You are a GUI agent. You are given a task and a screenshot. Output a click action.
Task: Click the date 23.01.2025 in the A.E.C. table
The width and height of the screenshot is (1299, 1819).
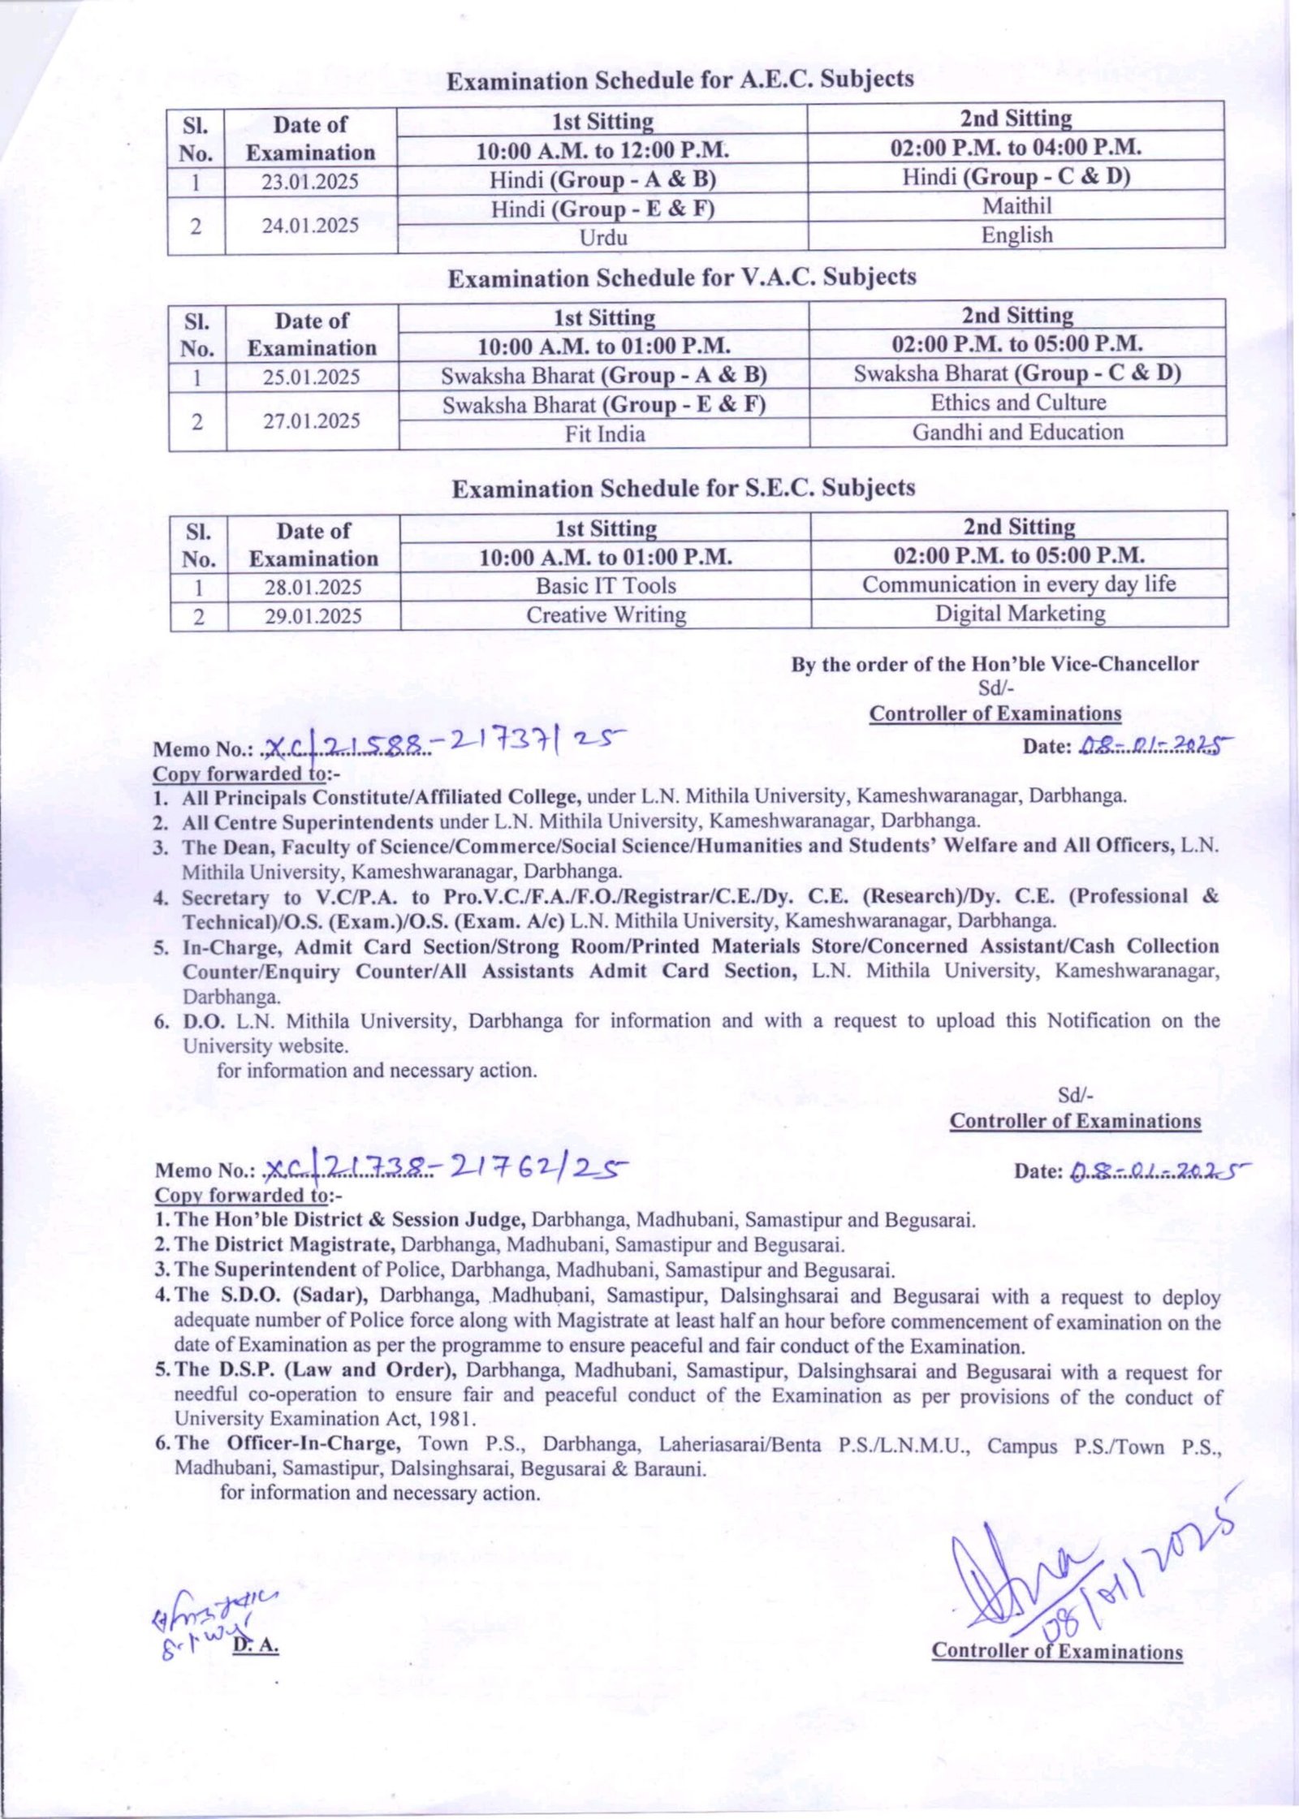tap(309, 181)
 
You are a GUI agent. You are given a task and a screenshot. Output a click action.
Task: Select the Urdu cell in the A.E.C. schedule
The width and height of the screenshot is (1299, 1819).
tap(603, 238)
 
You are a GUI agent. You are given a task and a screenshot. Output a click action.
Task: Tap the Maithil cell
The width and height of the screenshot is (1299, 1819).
tap(1016, 206)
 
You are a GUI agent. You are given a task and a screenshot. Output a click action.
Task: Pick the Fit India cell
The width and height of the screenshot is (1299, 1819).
tap(605, 434)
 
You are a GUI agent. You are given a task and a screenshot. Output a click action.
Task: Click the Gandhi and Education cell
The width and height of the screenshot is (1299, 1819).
tap(1017, 432)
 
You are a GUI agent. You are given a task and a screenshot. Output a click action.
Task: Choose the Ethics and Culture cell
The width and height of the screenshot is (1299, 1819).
tap(1017, 403)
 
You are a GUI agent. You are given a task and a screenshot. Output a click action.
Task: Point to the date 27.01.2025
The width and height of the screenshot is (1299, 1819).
tap(311, 420)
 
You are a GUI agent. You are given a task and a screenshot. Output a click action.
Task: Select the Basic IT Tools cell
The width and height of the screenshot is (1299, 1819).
tap(606, 586)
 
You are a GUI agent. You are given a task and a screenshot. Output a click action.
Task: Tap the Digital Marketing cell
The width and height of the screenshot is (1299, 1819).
tap(1020, 614)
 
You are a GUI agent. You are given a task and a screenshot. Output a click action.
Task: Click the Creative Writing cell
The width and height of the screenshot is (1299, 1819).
tap(606, 615)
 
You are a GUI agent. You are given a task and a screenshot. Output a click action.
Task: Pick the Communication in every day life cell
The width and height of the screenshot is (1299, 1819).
tap(1019, 584)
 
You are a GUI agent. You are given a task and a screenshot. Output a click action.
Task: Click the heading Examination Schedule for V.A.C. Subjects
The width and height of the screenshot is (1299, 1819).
tap(682, 278)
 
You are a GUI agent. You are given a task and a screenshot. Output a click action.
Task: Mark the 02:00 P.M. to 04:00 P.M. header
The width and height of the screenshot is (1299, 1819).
tap(1016, 148)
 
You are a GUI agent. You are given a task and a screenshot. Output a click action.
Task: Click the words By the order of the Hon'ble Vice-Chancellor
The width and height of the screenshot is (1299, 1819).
tap(995, 664)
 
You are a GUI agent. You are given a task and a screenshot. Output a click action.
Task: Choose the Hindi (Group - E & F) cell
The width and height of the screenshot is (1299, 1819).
tap(602, 209)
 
